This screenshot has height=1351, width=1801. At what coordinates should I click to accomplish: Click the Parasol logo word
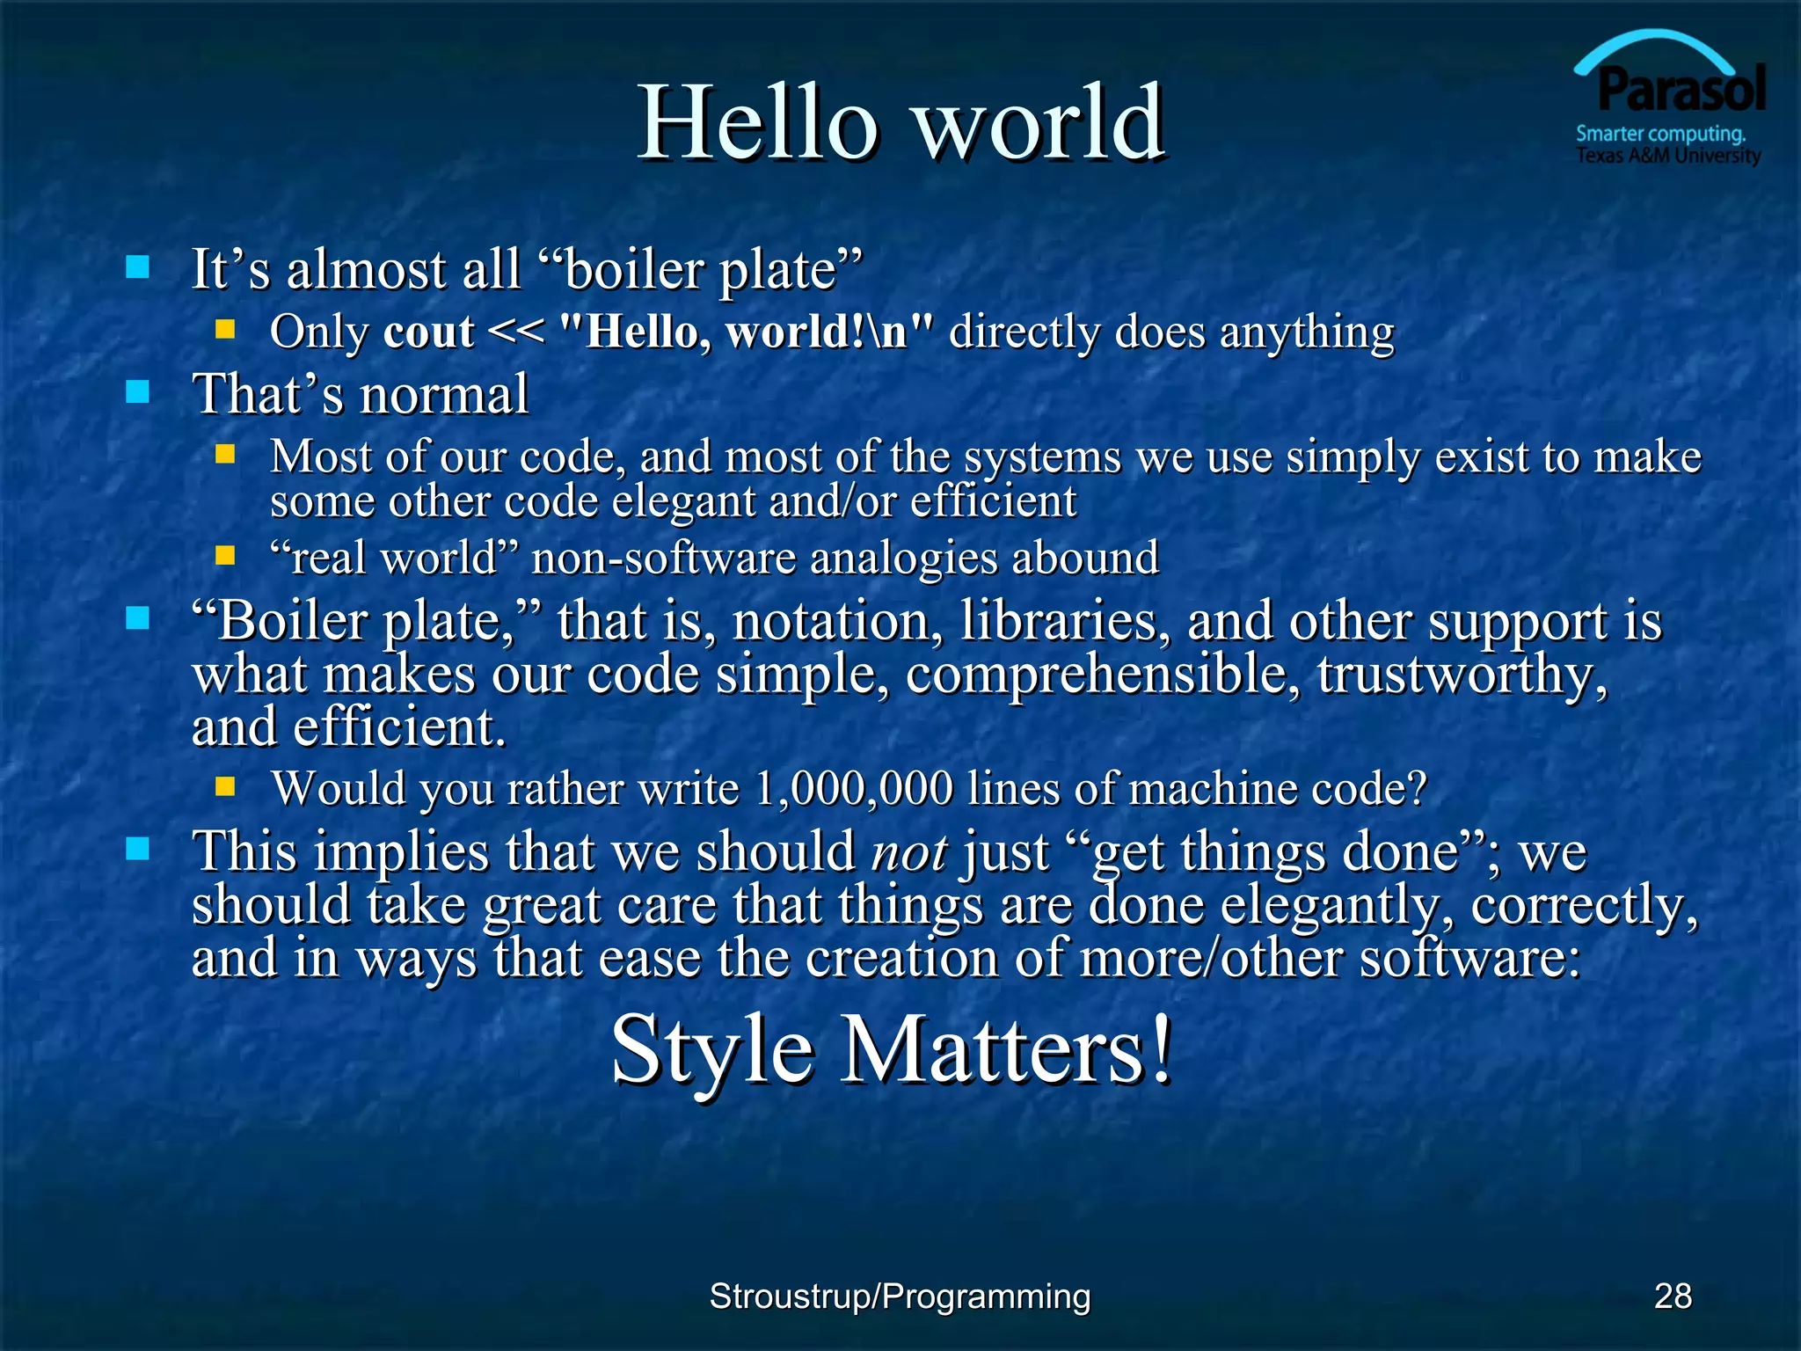(1681, 90)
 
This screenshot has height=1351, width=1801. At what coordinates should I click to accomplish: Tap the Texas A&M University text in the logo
(1667, 157)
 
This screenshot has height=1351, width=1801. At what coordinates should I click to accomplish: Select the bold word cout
(429, 332)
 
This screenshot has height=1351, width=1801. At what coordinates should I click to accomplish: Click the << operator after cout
(515, 332)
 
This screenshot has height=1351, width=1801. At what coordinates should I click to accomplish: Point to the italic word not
(908, 853)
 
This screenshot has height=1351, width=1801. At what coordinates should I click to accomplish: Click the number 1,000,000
(854, 788)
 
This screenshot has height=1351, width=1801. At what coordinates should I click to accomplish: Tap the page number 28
(1673, 1296)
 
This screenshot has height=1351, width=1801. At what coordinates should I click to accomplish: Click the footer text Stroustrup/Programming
(900, 1296)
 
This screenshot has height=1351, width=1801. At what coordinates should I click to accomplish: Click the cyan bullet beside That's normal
(137, 392)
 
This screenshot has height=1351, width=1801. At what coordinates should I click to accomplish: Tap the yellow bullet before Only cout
(226, 330)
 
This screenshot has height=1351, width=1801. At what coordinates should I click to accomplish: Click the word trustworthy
(1460, 675)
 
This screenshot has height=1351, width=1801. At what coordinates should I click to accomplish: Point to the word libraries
(1065, 622)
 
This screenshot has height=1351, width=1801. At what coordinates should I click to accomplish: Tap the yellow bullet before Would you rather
(226, 785)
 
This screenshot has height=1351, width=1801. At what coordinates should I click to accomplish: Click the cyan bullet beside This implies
(137, 850)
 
